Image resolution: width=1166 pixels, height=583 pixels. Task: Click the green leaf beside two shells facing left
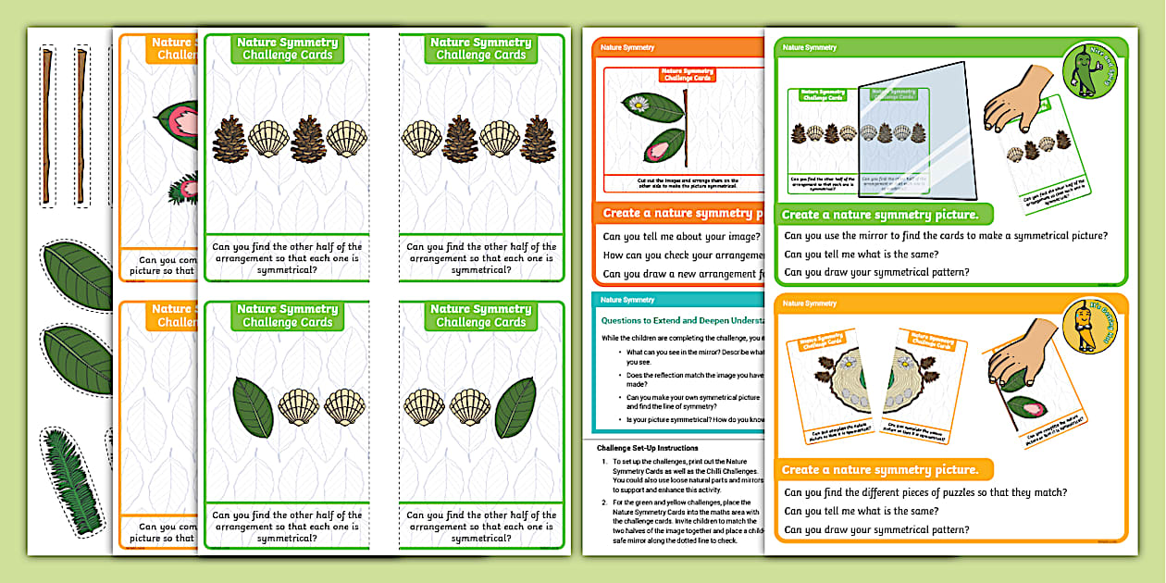253,407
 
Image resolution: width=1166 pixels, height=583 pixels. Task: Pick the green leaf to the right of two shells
515,407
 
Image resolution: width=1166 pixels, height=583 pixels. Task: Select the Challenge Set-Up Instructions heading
658,448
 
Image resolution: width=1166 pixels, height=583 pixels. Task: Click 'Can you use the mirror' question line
945,236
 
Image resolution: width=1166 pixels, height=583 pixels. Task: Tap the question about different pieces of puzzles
925,492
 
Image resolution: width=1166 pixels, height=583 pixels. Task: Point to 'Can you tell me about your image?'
681,236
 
